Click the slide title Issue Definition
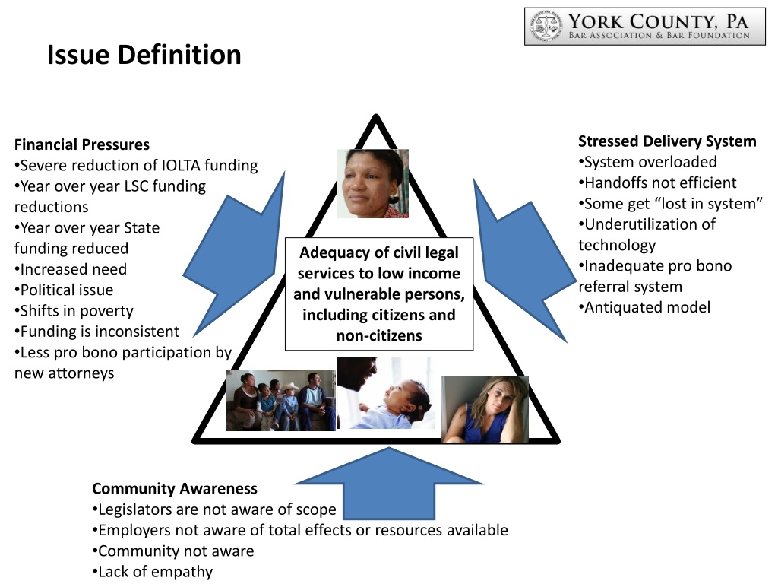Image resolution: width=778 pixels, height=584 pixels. point(144,55)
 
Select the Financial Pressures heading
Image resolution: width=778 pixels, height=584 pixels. point(82,144)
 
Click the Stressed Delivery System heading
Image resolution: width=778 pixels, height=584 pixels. point(667,141)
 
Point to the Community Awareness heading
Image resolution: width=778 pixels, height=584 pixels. point(175,488)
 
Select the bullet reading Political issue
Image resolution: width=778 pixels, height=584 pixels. point(66,290)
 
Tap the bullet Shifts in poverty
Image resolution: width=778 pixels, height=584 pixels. point(76,310)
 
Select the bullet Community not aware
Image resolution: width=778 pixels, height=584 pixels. point(176,551)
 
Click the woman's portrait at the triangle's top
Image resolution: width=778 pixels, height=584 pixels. point(372,184)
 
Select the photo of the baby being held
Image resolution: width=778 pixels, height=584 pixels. point(384,393)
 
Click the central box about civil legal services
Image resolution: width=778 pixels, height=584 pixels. point(379,294)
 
